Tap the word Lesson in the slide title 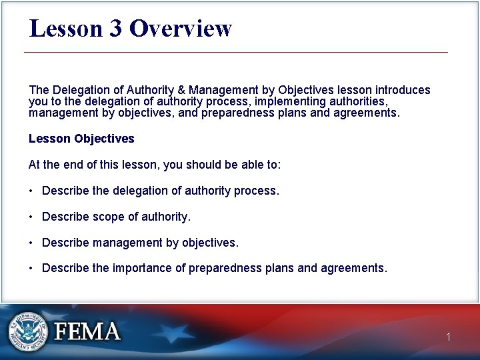65,29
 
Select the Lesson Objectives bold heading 81,139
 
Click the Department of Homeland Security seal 28,331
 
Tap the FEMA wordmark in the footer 87,331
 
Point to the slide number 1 449,337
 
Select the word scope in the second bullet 108,217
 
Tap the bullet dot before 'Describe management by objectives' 31,243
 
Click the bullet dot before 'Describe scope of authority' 31,217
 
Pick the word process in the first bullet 256,191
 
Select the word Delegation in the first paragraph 79,90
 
